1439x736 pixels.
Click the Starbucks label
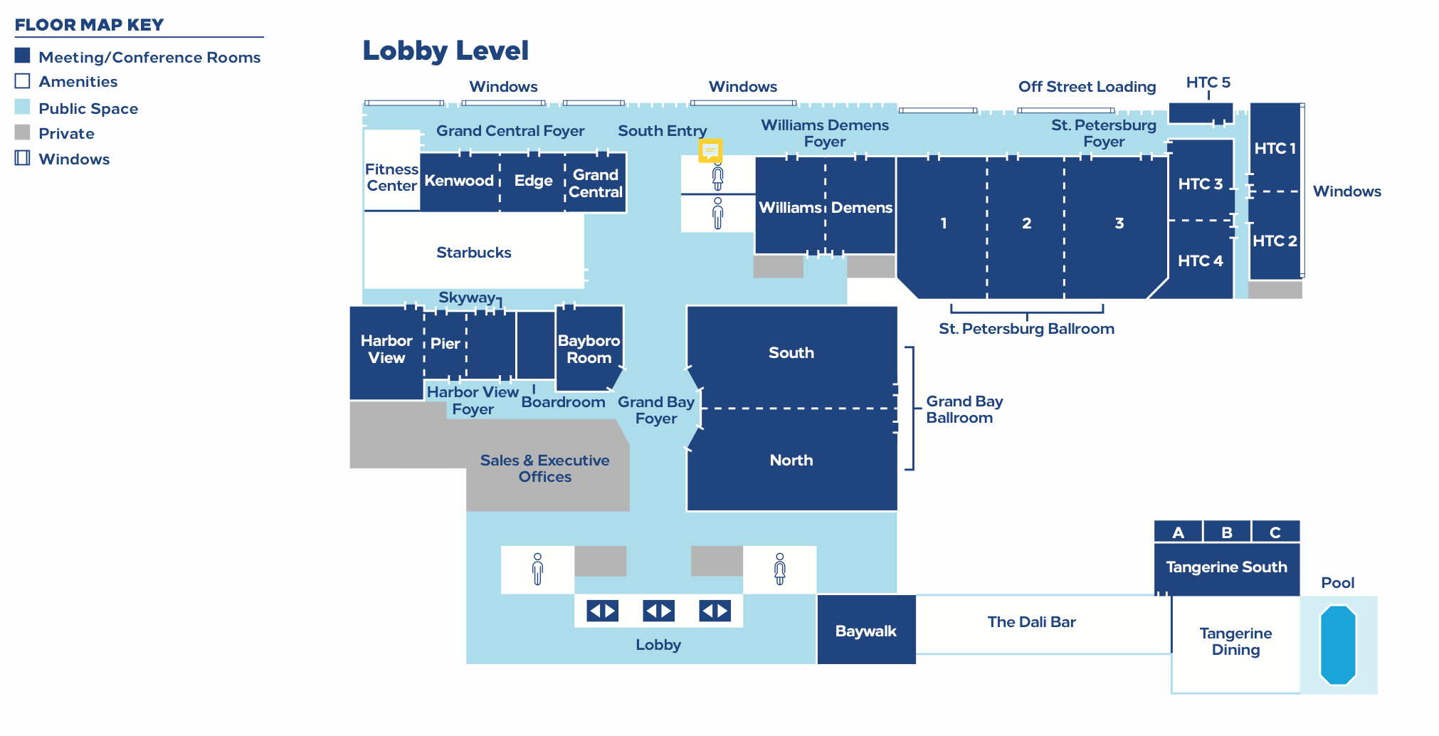(473, 253)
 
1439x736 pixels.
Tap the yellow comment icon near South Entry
(710, 150)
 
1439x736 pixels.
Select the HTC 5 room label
(1208, 83)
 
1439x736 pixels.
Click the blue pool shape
(1338, 645)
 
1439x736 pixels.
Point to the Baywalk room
(865, 631)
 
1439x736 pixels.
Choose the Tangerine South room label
(1226, 567)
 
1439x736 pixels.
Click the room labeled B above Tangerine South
(1227, 532)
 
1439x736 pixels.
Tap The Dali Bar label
(1031, 622)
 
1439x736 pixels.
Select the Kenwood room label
(459, 181)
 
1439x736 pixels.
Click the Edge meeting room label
(533, 181)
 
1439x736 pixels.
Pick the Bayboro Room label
(589, 349)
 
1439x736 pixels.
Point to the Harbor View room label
(386, 349)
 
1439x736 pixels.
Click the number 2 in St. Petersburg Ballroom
(1026, 224)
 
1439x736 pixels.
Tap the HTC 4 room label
(1200, 261)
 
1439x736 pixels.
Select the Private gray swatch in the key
(23, 133)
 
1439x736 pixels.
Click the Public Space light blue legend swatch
(23, 107)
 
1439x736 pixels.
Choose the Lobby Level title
(446, 51)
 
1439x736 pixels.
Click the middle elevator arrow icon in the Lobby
(658, 611)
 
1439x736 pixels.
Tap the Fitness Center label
(391, 177)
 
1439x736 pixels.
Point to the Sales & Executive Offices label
(544, 468)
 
